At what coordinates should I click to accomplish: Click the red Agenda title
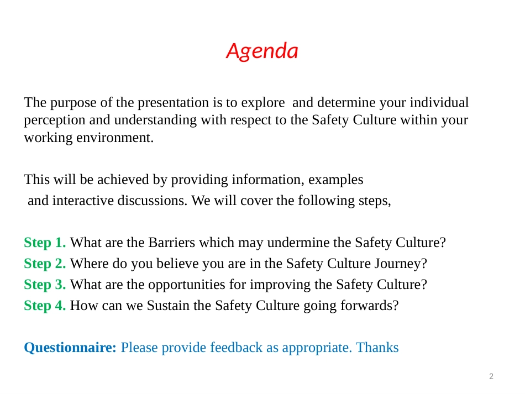coord(262,51)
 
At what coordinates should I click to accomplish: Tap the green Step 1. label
coord(45,243)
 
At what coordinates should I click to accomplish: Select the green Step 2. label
coord(45,264)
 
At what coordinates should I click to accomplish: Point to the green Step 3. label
coord(45,285)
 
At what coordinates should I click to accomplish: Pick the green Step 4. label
coord(45,306)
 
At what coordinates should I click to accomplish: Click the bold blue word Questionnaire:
coord(70,348)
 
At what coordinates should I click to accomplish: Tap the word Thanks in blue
coord(377,348)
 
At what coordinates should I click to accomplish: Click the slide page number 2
coord(491,376)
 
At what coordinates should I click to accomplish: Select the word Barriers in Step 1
coord(172,243)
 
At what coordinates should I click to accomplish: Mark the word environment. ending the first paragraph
coord(115,138)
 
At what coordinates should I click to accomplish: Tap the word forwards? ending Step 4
coord(370,306)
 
